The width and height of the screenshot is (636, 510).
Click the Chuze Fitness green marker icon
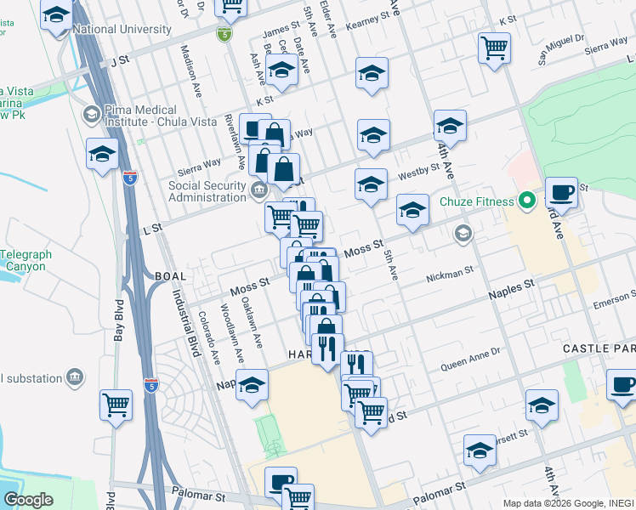tap(526, 201)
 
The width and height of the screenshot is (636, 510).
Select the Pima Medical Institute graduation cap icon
tap(90, 114)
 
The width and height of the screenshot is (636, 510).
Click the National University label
tap(122, 29)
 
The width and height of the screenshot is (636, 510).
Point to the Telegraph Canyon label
tap(26, 260)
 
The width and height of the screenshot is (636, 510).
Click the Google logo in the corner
tap(28, 499)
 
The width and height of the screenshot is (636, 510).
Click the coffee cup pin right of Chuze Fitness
tap(560, 194)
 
